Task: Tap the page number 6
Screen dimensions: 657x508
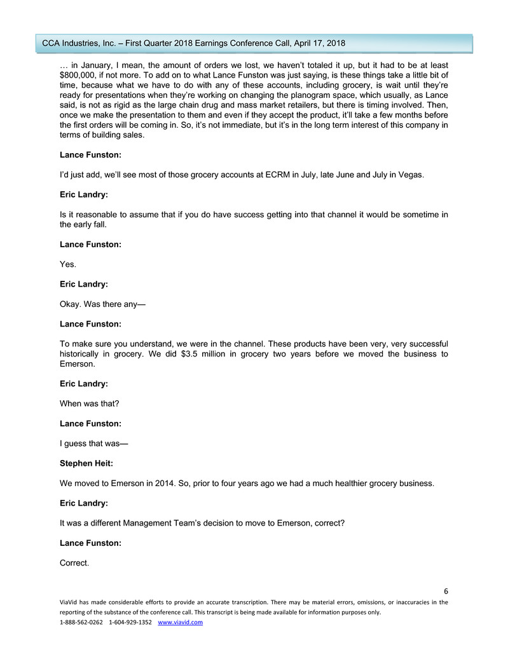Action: pos(446,591)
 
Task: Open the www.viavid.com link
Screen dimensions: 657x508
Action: pos(180,622)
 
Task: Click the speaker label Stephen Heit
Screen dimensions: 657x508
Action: pos(86,464)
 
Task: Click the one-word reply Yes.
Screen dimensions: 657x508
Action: pos(67,264)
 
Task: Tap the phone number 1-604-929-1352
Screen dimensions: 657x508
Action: pos(130,622)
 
